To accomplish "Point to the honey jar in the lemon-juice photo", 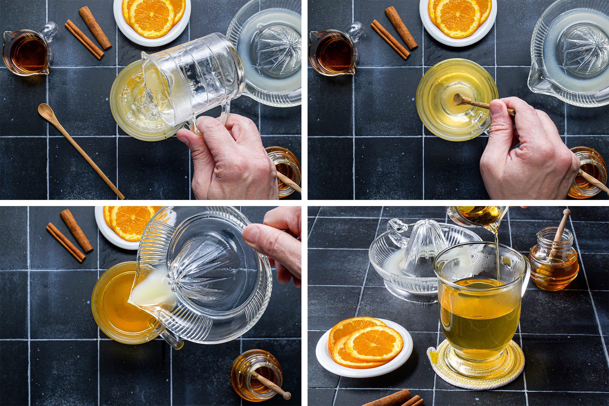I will [257, 376].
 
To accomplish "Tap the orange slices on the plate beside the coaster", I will [365, 342].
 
